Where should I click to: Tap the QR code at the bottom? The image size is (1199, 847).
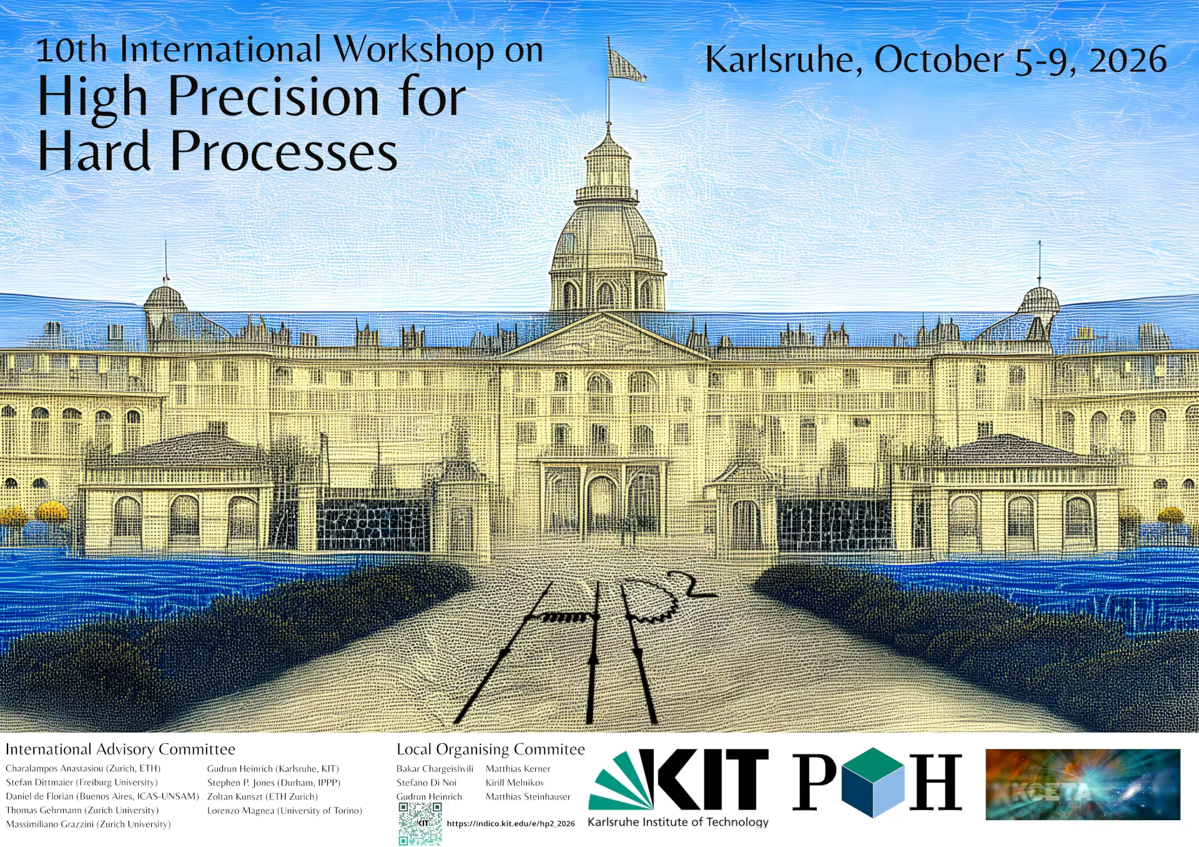click(x=420, y=824)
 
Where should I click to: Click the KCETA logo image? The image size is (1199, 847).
click(x=1083, y=785)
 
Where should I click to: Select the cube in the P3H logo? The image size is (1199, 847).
click(x=872, y=783)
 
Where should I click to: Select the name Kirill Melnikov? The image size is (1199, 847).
click(x=515, y=783)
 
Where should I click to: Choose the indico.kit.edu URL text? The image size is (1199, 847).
click(x=511, y=824)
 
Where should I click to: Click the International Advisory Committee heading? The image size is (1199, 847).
click(x=121, y=750)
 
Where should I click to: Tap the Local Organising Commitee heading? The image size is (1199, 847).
click(x=491, y=750)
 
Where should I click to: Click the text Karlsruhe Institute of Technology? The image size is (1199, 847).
click(x=678, y=822)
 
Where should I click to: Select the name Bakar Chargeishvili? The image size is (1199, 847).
click(x=435, y=769)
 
